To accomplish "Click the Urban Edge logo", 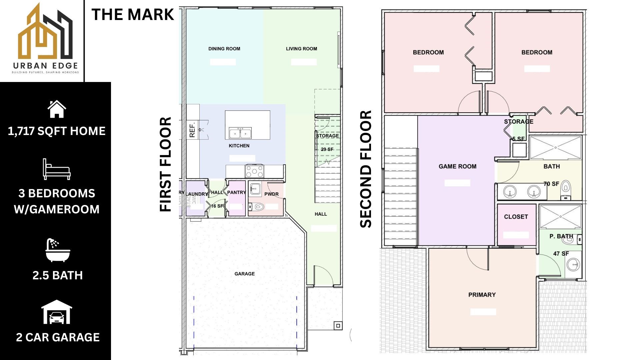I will [45, 38].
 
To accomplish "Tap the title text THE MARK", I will [132, 15].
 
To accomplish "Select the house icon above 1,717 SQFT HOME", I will [57, 109].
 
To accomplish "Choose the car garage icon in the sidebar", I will [57, 312].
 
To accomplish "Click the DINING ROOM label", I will [224, 49].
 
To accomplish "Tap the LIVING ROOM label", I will [301, 49].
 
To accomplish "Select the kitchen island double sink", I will [240, 133].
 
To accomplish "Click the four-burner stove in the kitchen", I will [254, 171].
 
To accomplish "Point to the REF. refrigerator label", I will [192, 130].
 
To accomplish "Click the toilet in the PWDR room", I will [257, 207].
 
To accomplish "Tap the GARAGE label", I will [244, 274].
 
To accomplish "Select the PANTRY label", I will [236, 192].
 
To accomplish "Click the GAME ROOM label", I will [457, 166].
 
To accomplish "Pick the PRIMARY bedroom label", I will [482, 295].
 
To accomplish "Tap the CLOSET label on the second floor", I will [516, 217].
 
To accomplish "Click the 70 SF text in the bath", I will [551, 184].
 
